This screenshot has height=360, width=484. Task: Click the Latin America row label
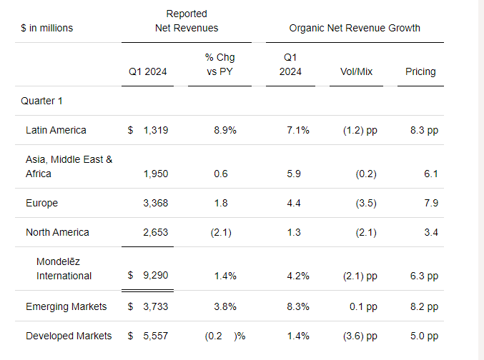[56, 130]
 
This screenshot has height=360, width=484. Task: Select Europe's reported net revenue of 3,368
[155, 203]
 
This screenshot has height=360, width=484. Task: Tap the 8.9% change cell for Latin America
[224, 130]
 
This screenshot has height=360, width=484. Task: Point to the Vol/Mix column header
[356, 71]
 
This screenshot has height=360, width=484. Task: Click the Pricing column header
[420, 71]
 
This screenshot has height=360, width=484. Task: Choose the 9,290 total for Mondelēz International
[155, 275]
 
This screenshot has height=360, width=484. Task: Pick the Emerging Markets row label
[66, 306]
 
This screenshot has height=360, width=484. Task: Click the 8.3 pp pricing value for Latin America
[421, 130]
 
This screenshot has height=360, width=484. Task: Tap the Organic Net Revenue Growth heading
[355, 28]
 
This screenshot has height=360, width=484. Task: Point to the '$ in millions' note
[46, 28]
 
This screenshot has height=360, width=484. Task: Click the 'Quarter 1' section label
[41, 101]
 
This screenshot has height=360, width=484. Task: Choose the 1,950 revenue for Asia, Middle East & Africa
[155, 174]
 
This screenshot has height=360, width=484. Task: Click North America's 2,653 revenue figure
[155, 232]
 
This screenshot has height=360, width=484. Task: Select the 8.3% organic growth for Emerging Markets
[297, 306]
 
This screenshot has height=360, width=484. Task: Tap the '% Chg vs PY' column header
[219, 64]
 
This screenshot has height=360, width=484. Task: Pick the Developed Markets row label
[69, 336]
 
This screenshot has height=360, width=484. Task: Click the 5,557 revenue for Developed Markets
[155, 336]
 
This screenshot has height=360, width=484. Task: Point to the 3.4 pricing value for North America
[430, 232]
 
